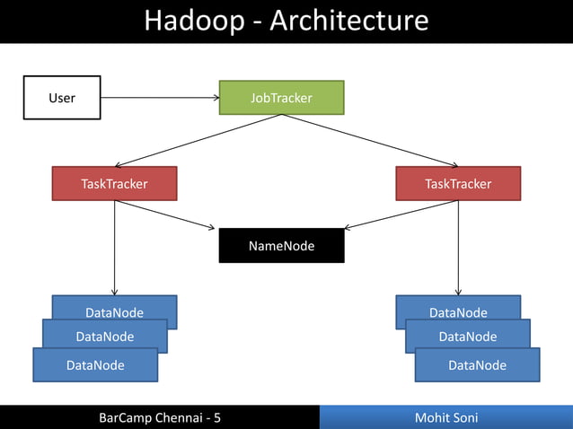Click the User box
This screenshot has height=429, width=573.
(61, 97)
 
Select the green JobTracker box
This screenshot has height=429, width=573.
(281, 98)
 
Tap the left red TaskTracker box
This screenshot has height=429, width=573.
(114, 184)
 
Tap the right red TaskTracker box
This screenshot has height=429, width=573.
(458, 184)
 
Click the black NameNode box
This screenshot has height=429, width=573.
(281, 245)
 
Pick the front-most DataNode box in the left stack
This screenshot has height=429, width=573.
(95, 365)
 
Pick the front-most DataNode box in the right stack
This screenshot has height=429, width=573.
(477, 365)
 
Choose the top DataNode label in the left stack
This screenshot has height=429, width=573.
(114, 312)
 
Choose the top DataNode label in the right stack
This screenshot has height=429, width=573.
(458, 312)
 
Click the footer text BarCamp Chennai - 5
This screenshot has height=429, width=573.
(159, 417)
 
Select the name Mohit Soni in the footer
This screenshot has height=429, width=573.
(446, 417)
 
